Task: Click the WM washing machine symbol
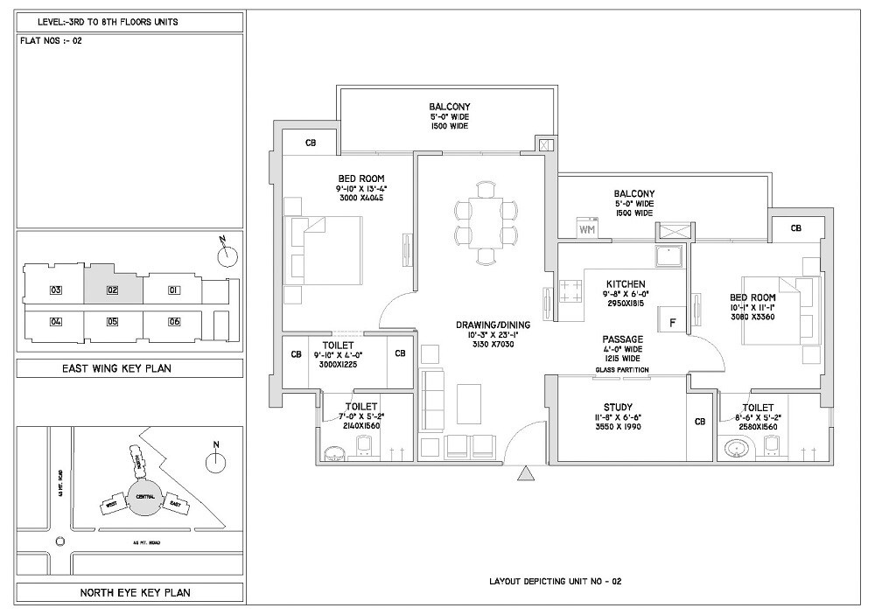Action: click(586, 229)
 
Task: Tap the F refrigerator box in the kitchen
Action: click(672, 322)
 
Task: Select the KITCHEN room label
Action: click(626, 284)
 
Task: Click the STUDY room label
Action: click(625, 407)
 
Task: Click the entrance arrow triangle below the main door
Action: click(525, 474)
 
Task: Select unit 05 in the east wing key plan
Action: click(112, 322)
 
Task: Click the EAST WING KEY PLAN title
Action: click(129, 368)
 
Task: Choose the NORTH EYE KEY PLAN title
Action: click(129, 592)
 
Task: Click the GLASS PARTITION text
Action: click(622, 370)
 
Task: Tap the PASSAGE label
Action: click(623, 339)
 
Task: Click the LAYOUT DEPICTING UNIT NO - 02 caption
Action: click(556, 581)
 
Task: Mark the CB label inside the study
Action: click(699, 422)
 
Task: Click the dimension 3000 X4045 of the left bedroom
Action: click(361, 198)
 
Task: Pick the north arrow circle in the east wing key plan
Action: click(227, 255)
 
